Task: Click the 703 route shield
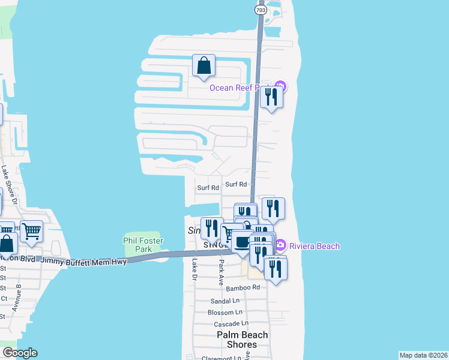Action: coord(261,10)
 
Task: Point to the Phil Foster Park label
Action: coord(143,244)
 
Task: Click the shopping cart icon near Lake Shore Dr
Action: coord(31,232)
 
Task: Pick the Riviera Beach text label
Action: coord(315,246)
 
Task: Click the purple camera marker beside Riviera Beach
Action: coord(280,245)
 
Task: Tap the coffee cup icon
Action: coord(242,242)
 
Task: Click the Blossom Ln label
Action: coord(224,312)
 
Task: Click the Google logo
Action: coord(19,353)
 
